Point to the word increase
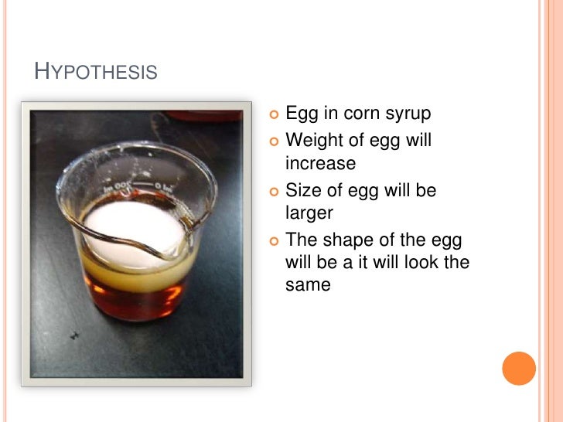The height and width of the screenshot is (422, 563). pos(320,164)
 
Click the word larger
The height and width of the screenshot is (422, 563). pos(309,213)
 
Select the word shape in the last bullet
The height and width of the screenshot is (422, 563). pos(343,239)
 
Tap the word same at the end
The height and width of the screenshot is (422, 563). pos(308,285)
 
